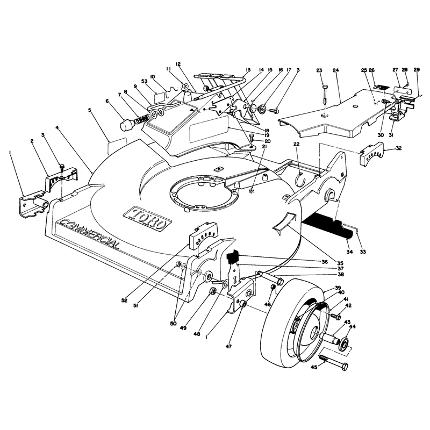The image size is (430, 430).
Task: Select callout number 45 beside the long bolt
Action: [x=314, y=367]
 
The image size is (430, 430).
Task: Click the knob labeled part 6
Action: [x=127, y=125]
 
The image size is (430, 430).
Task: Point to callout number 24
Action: [x=336, y=70]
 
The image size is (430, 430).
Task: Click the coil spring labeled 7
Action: [x=142, y=119]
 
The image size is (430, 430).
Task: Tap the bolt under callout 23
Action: [x=325, y=94]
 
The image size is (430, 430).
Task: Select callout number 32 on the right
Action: [x=398, y=148]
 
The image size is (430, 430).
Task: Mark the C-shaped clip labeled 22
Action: [x=302, y=178]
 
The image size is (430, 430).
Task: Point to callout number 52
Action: [x=124, y=300]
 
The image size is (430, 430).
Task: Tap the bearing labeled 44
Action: [x=343, y=344]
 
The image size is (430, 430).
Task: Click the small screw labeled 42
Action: [x=335, y=317]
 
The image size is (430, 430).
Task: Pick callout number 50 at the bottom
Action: [x=173, y=324]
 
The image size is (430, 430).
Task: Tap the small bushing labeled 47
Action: [x=243, y=305]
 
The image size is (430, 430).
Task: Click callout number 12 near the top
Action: [x=178, y=64]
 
